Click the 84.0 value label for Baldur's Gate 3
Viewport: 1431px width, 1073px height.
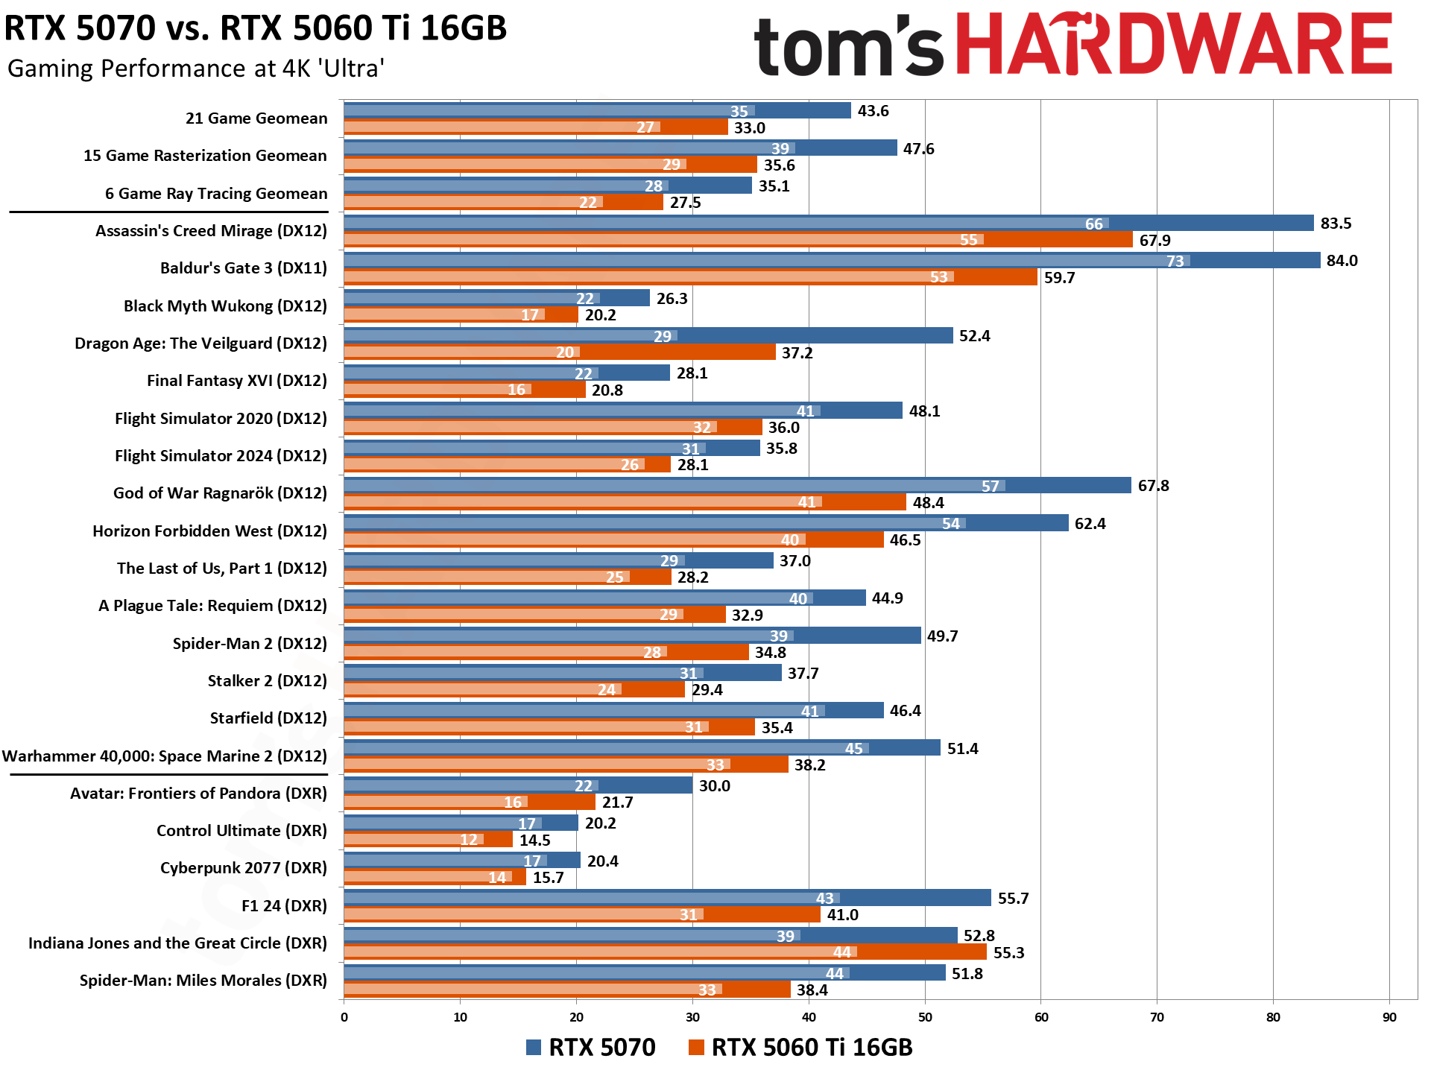pos(1342,261)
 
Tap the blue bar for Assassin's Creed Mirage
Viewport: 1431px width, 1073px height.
pos(827,223)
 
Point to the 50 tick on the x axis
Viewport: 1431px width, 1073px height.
pos(925,1017)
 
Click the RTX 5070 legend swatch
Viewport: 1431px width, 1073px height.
pos(533,1047)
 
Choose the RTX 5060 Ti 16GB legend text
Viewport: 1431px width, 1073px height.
pos(812,1047)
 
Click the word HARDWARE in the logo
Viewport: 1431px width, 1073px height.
pos(1174,45)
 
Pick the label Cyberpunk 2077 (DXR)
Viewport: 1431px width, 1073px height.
pos(243,868)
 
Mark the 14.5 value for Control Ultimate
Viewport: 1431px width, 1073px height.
pos(534,841)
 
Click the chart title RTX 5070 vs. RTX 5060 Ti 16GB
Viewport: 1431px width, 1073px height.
pos(255,28)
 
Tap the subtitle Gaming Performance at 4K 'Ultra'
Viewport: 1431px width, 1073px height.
pos(195,69)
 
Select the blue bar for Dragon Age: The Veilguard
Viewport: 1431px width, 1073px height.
pos(648,335)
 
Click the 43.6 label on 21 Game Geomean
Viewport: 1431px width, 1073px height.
pos(873,111)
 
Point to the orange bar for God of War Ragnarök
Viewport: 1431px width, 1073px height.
pos(625,502)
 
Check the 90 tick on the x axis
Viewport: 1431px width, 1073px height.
pos(1389,1017)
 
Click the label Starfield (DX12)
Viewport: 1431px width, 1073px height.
pos(268,718)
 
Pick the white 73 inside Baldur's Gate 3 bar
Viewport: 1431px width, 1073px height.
pos(1175,262)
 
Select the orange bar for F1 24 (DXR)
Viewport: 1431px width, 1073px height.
pos(581,914)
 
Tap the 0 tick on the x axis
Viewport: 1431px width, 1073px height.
pos(344,1017)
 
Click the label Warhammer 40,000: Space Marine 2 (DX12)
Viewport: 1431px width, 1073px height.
pos(165,756)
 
